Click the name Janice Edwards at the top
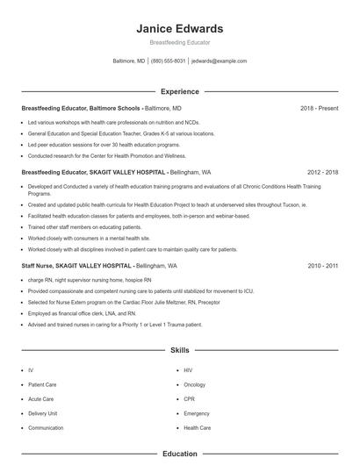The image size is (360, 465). click(180, 28)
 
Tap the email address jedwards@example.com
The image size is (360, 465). click(219, 61)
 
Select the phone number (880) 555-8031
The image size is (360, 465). click(168, 61)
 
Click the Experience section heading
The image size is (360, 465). click(180, 91)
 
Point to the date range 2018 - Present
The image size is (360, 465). click(319, 108)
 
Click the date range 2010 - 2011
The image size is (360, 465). click(323, 265)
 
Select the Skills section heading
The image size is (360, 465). click(180, 349)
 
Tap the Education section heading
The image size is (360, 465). click(180, 454)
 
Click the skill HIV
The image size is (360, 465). click(188, 370)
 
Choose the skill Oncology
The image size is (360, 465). click(194, 384)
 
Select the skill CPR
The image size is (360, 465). click(189, 398)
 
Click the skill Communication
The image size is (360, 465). click(46, 427)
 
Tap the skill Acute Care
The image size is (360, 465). click(40, 398)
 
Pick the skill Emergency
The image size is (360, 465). click(197, 412)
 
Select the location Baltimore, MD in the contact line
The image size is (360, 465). click(129, 61)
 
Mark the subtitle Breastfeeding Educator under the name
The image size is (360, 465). click(180, 42)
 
